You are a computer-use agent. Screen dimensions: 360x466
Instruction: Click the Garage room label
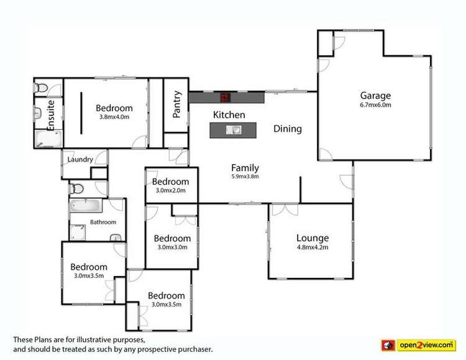pos(375,96)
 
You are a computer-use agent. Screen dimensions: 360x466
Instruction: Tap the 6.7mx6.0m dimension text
pos(375,105)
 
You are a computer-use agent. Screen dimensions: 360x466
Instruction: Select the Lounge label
pos(312,238)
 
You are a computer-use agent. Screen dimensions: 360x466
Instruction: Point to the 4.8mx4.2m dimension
pos(312,247)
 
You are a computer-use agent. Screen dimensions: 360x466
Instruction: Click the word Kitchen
pos(229,115)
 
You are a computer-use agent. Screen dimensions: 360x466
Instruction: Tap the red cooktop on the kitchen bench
pos(225,97)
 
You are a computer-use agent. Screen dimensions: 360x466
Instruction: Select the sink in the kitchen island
pos(234,130)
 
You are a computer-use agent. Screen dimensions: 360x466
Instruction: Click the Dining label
pos(288,129)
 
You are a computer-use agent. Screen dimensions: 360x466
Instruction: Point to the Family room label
pos(245,168)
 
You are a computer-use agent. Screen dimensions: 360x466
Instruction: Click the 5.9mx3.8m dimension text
pos(245,177)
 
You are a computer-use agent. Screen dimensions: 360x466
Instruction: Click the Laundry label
pos(80,160)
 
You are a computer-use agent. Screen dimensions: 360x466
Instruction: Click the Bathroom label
pos(103,222)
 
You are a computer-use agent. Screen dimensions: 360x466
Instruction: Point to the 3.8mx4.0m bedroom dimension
pos(114,117)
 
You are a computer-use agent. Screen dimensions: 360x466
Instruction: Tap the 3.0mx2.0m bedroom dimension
pos(171,190)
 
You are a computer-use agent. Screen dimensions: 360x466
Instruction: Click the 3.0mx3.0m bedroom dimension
pos(172,247)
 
